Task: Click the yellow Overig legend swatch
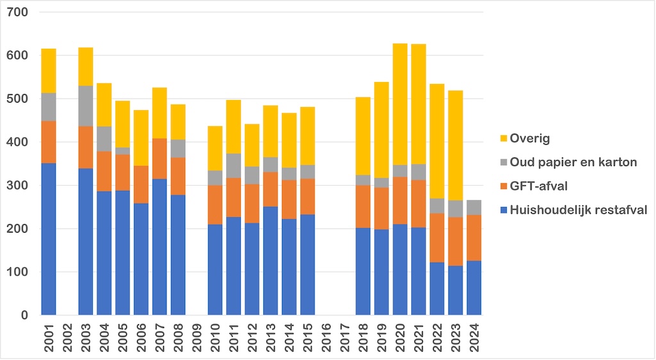coord(504,138)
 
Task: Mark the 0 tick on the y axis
coord(24,315)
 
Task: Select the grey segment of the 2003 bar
coord(86,106)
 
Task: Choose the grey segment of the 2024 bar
coord(474,207)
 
